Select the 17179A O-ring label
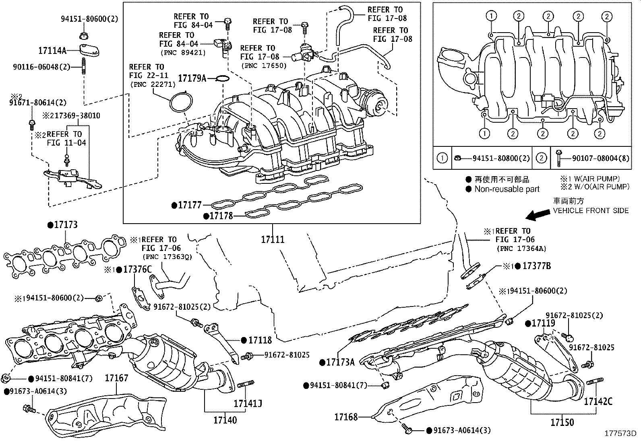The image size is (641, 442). point(192,78)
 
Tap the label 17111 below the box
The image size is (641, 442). point(273,240)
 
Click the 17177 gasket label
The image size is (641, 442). point(189,205)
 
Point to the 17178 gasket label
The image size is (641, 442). point(221,216)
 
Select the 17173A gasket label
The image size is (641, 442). point(340,362)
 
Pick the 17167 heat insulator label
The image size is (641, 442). point(116,378)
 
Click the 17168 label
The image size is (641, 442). point(346,417)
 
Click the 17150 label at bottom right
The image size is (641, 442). point(562,422)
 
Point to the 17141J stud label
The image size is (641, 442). point(248,403)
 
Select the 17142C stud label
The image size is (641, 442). point(598,401)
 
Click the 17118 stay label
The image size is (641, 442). point(260,340)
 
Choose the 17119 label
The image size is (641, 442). point(543,323)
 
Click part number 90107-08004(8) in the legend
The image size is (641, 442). point(600,158)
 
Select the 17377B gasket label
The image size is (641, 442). point(536,266)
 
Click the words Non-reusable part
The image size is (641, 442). point(507,189)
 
